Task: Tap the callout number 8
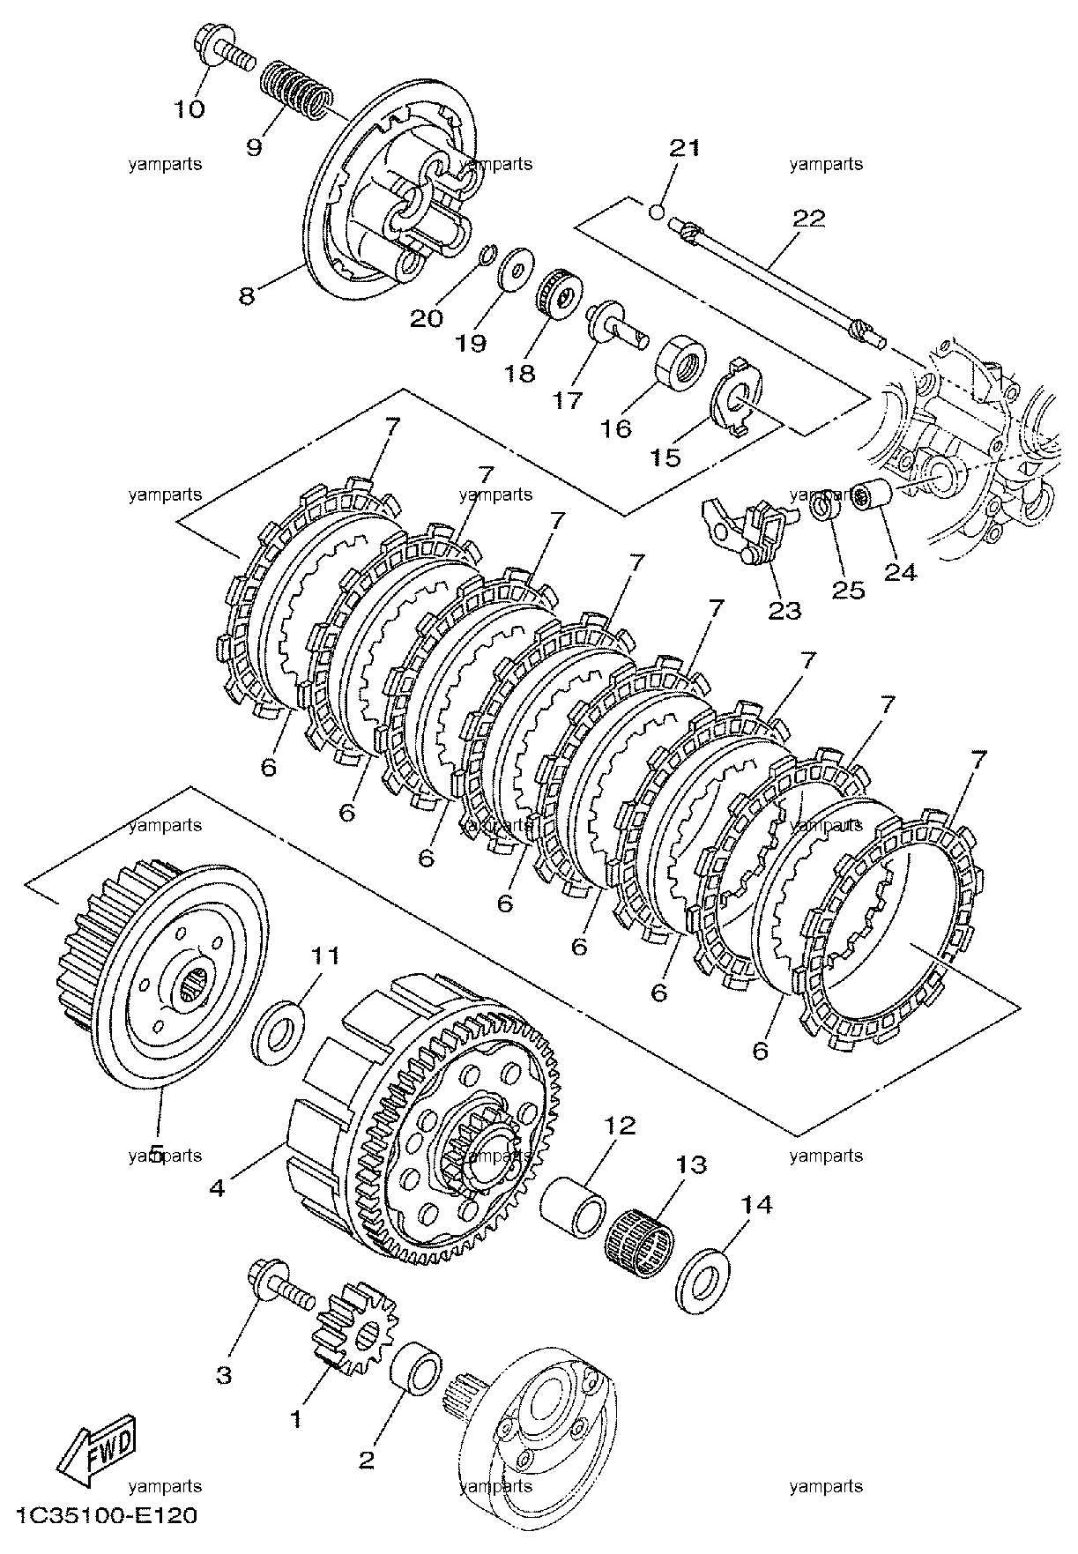(247, 294)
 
